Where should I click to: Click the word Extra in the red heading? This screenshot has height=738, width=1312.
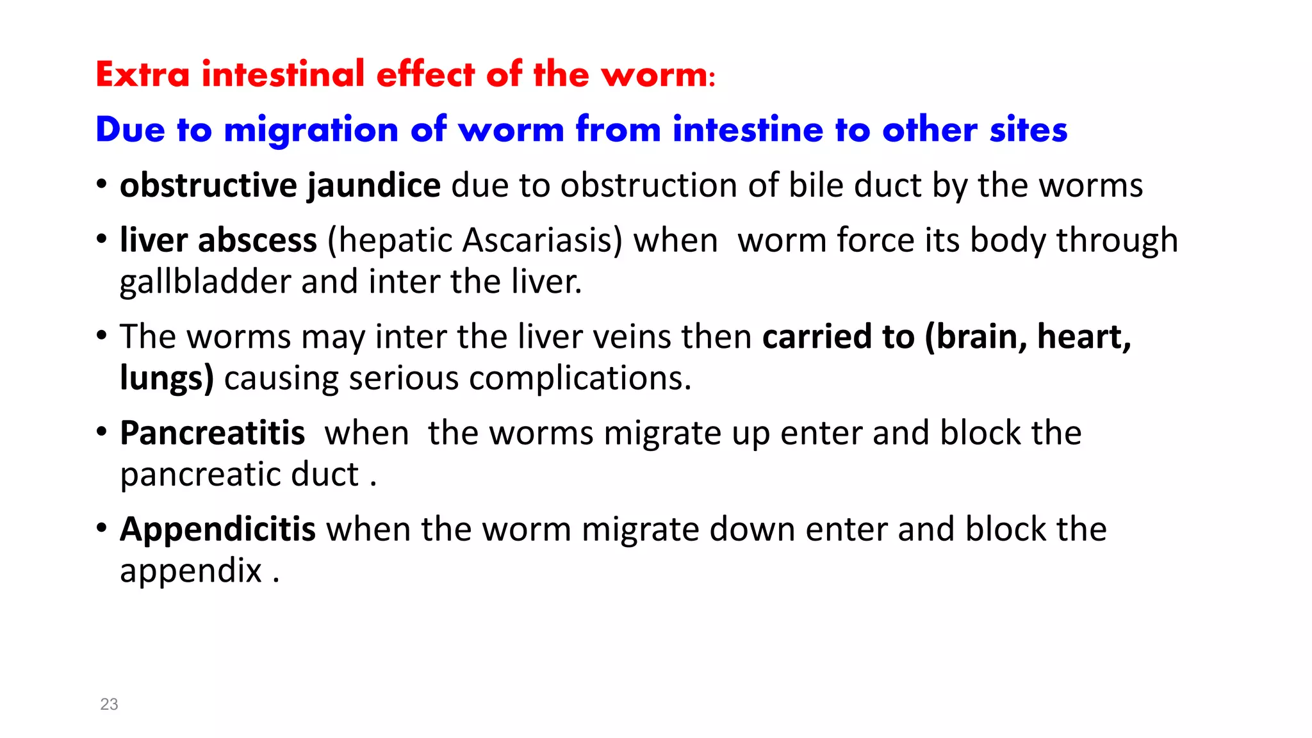tap(142, 74)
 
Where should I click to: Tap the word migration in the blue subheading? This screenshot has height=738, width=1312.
tap(311, 130)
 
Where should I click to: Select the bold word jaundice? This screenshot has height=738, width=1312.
tap(373, 186)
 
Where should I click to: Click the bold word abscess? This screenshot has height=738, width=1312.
tap(258, 241)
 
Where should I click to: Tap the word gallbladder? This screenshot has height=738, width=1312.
tap(205, 283)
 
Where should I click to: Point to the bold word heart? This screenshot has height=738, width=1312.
tap(1083, 337)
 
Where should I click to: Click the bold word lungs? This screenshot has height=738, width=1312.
tap(166, 379)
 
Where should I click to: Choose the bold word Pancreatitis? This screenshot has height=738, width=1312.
tap(212, 433)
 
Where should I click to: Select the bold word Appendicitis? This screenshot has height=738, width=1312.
tap(217, 530)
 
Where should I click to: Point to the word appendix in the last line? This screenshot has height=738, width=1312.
tap(190, 571)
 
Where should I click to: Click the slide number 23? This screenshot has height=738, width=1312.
tap(109, 705)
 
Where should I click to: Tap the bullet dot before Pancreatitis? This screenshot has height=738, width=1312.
tap(101, 432)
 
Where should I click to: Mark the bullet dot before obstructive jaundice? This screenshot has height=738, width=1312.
tap(101, 184)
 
